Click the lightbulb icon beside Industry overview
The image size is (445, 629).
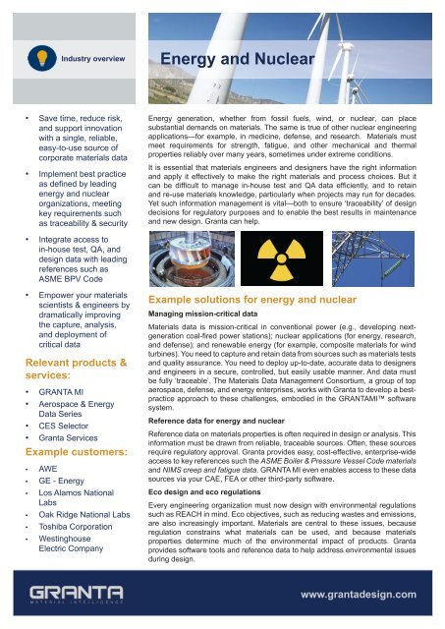tap(38, 58)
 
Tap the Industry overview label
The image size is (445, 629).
tap(91, 59)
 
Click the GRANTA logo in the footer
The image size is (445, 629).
tap(78, 595)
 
